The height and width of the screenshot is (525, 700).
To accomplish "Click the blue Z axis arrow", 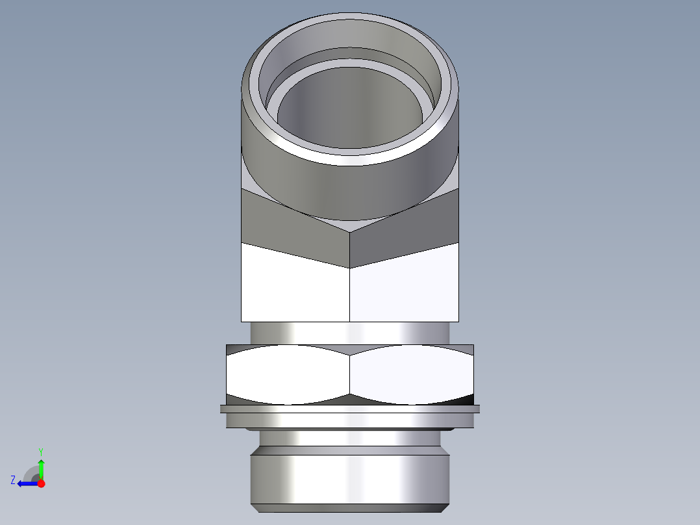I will pyautogui.click(x=25, y=483).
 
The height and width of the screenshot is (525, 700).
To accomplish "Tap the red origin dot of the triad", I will pyautogui.click(x=41, y=483).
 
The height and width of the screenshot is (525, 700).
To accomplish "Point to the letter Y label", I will pyautogui.click(x=40, y=451).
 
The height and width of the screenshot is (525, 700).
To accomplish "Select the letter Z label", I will pyautogui.click(x=13, y=480).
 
